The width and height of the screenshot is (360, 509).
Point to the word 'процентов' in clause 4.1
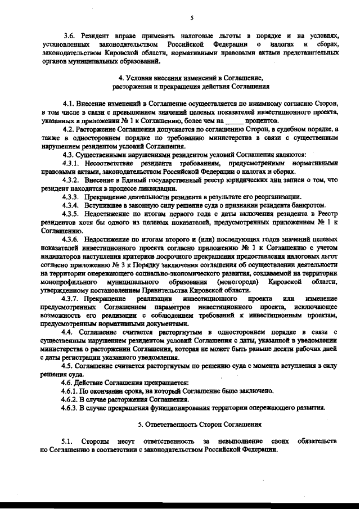click(262, 120)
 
